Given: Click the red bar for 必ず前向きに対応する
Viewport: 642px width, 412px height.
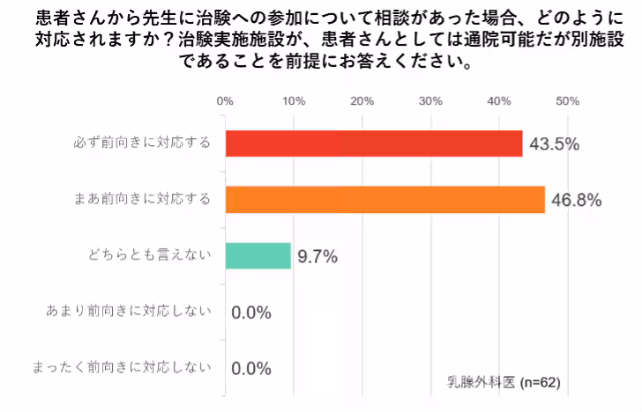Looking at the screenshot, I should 374,143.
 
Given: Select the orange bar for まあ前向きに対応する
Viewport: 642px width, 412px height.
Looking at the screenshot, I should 385,200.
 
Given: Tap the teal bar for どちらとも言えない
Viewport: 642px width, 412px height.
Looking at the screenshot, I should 258,256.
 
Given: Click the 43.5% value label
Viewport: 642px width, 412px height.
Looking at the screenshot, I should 553,144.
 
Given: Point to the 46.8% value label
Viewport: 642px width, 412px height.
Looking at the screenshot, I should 576,201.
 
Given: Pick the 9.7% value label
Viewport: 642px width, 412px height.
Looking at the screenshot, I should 317,257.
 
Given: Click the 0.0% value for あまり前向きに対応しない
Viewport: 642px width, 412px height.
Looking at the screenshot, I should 250,313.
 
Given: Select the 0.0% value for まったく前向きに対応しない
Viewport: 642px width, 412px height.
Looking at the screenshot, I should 250,368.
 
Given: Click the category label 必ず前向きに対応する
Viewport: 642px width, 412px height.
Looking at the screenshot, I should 142,143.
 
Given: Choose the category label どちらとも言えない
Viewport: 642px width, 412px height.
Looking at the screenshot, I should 151,256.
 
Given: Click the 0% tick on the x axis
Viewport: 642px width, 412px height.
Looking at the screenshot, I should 225,100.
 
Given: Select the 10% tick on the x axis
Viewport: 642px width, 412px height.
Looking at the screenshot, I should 294,100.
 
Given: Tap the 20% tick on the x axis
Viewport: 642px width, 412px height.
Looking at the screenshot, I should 362,100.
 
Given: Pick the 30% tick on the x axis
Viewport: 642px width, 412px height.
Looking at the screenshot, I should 430,100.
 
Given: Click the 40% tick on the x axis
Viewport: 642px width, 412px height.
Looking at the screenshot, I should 499,100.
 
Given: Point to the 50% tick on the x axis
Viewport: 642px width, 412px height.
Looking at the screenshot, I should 567,100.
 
